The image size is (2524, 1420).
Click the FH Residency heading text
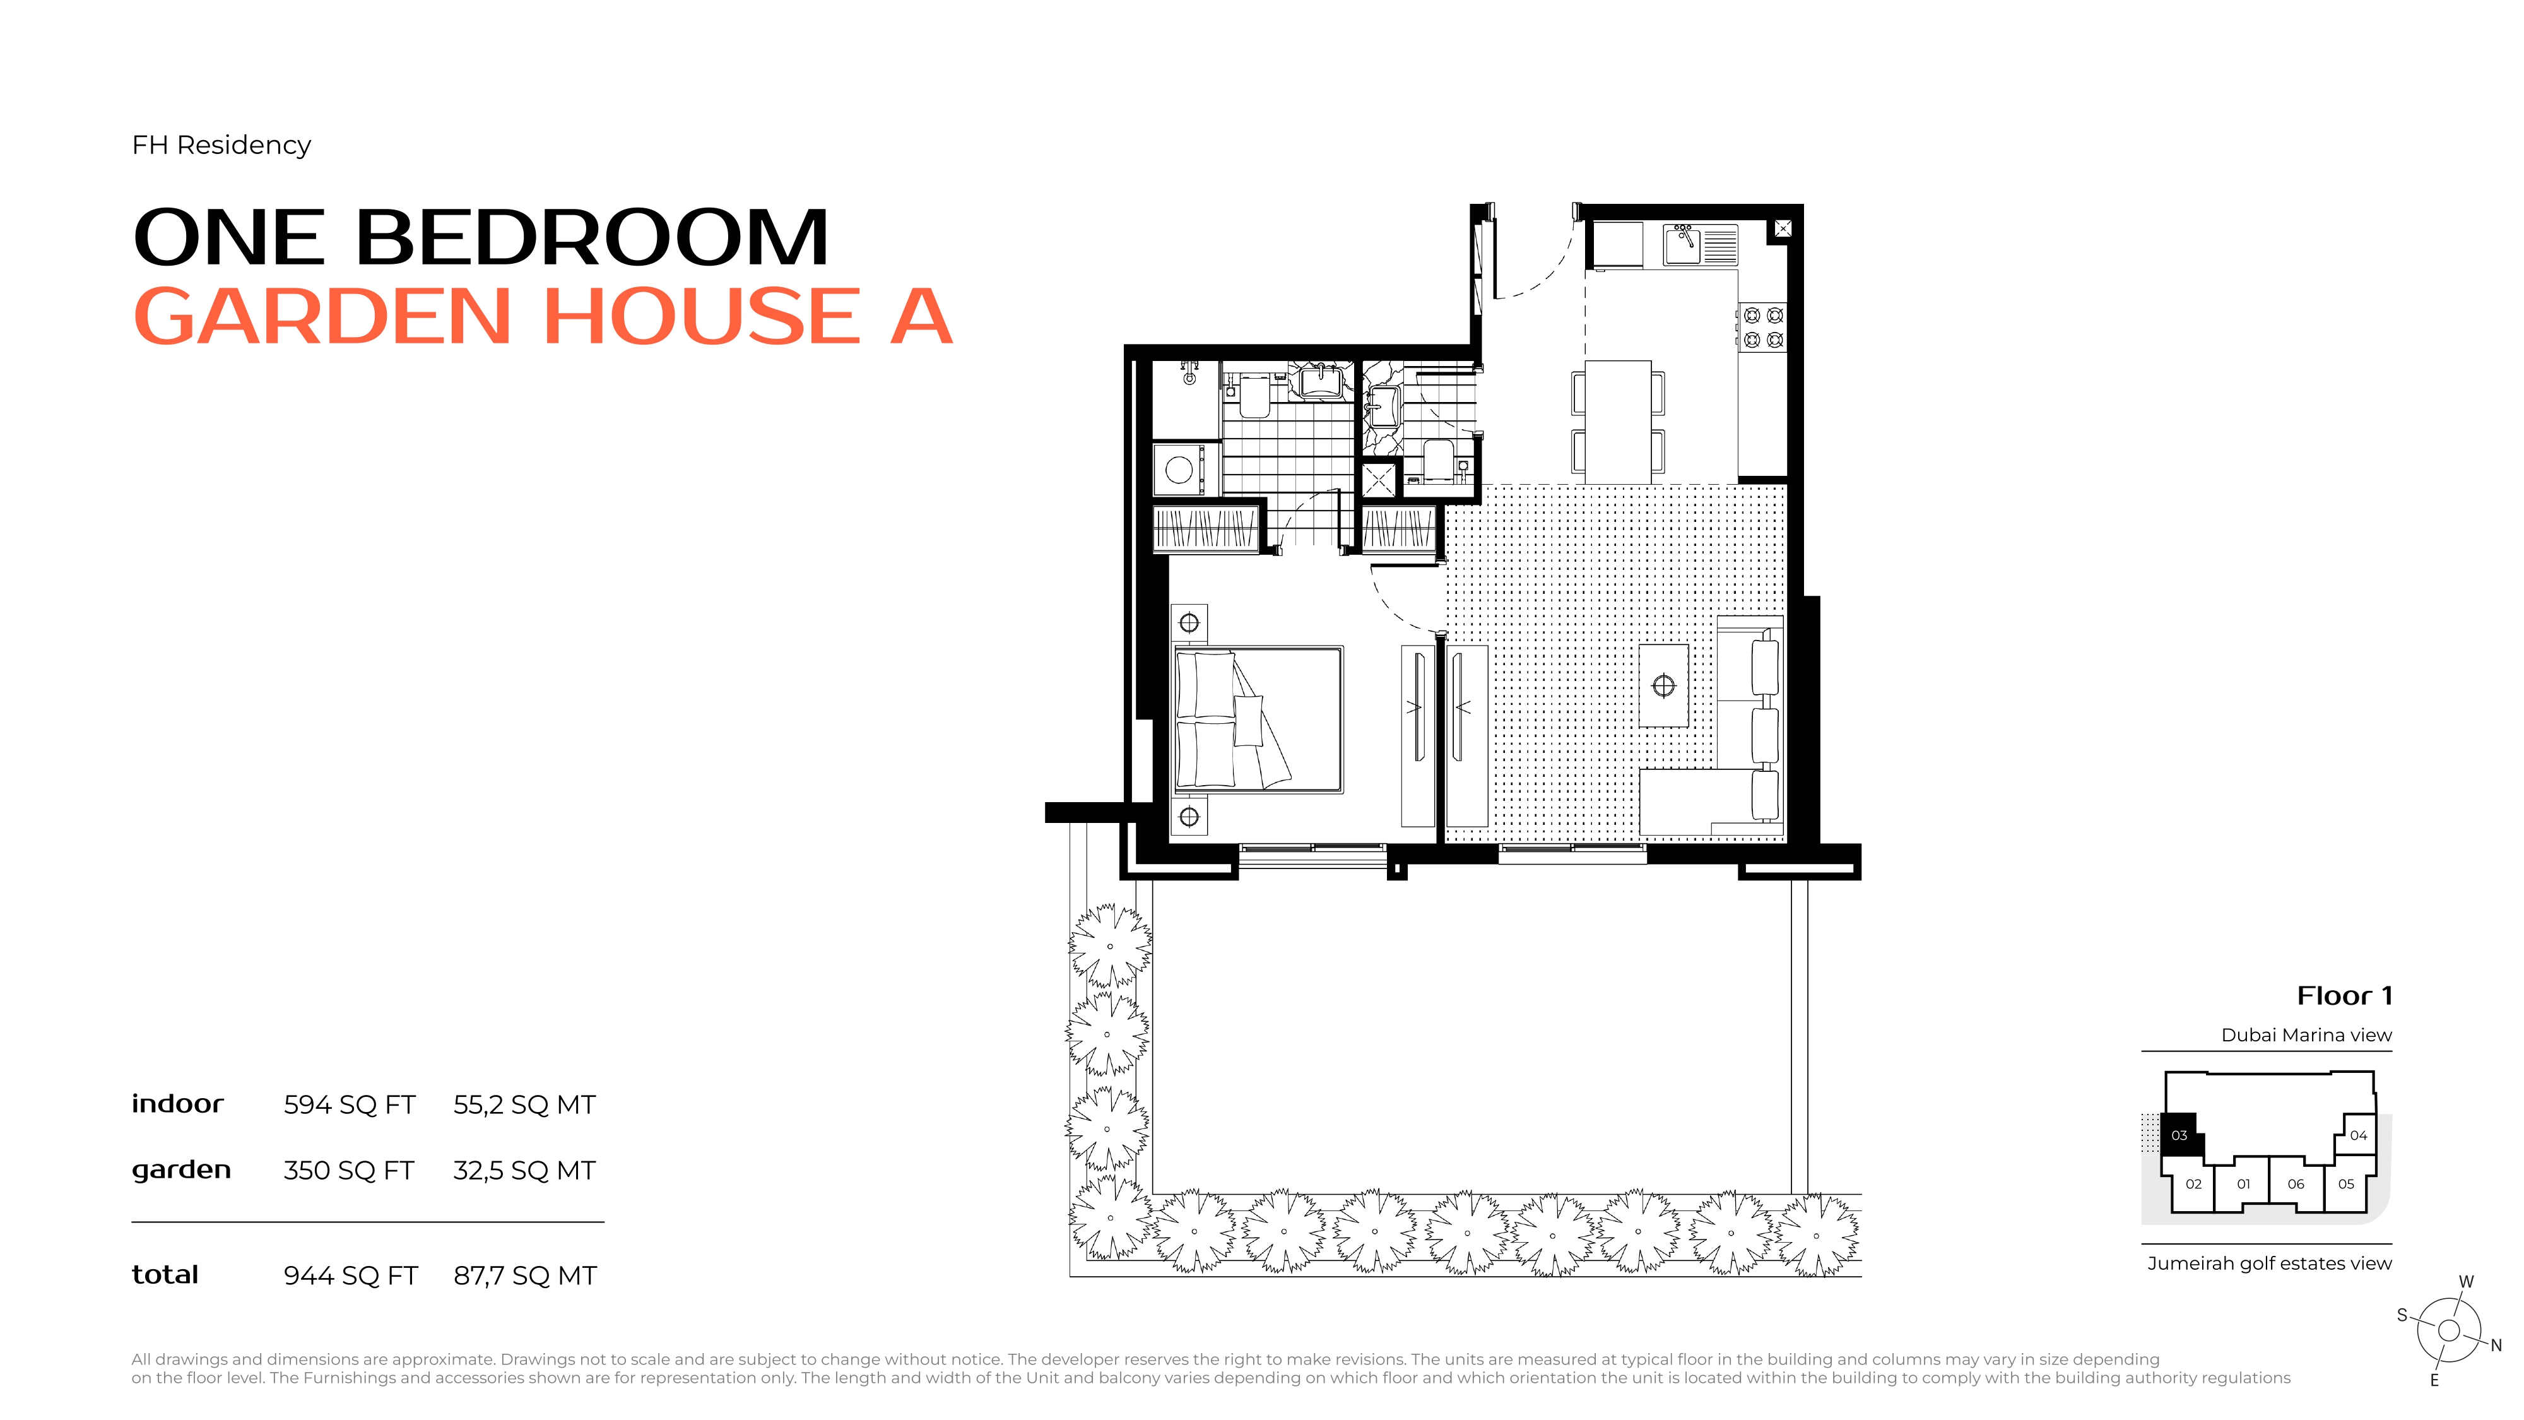point(221,145)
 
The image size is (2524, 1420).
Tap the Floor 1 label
point(2345,996)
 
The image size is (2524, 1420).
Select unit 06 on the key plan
point(2296,1184)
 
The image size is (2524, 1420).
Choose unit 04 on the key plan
point(2359,1135)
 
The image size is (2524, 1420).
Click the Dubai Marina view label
point(2306,1035)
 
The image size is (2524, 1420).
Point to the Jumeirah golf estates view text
point(2269,1263)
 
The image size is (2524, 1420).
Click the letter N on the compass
point(2496,1346)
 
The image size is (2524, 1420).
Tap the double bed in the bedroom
point(1258,718)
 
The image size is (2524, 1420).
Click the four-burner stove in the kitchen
point(1762,328)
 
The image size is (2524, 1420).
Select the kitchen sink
point(1684,245)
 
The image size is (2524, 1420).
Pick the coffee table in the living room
point(1664,685)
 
